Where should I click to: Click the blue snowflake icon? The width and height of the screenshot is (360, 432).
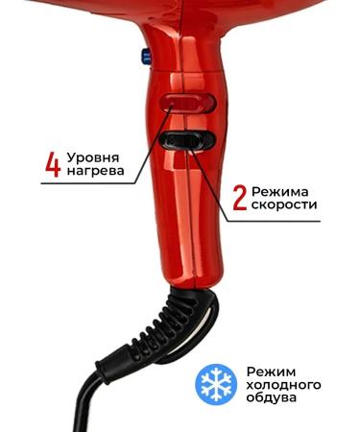216,383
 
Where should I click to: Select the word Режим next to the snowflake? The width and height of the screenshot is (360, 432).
271,369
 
